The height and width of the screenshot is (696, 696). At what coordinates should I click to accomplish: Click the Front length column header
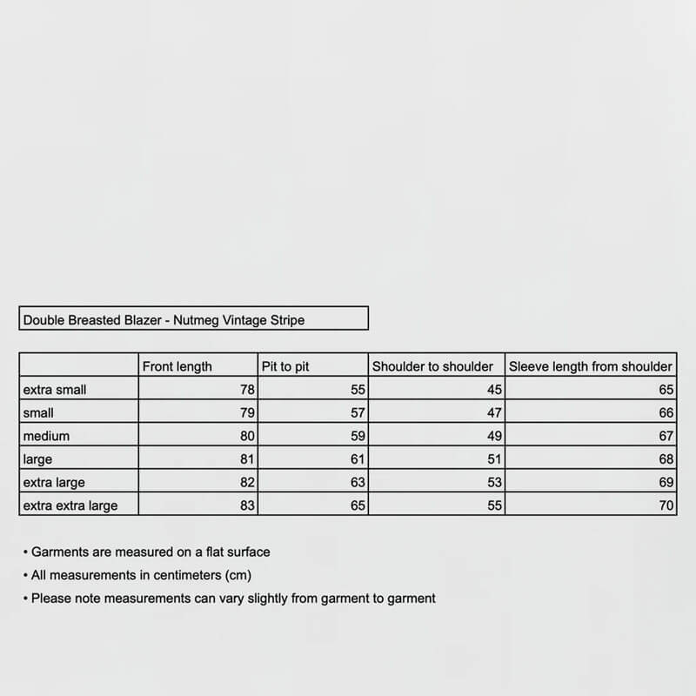click(177, 367)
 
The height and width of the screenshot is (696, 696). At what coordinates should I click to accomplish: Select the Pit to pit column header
click(285, 367)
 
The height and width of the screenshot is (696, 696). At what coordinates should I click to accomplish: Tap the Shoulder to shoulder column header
click(432, 367)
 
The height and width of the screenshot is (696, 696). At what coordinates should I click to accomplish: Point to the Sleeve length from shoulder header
click(591, 367)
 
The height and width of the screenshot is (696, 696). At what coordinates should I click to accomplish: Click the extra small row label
click(55, 390)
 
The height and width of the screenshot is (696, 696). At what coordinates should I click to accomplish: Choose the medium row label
click(46, 436)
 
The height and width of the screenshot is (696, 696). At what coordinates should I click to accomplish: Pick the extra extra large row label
click(70, 505)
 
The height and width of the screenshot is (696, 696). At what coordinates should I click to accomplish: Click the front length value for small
click(247, 413)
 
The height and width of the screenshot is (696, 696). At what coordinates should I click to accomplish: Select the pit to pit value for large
click(358, 459)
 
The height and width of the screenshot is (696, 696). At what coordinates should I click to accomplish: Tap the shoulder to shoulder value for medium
click(495, 436)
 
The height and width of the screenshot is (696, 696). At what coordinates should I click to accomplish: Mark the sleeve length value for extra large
click(666, 482)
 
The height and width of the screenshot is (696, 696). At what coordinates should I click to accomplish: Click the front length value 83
click(247, 505)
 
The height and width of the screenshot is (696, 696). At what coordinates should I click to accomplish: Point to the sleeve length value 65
click(666, 390)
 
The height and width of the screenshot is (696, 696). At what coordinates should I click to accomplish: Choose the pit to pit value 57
click(358, 413)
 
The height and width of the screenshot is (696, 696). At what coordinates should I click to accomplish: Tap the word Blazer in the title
click(140, 320)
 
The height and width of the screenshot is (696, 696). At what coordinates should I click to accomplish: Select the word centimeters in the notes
click(181, 575)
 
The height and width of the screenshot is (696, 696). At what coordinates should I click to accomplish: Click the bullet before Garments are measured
click(25, 552)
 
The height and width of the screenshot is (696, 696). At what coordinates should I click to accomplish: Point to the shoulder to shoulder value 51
click(495, 459)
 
